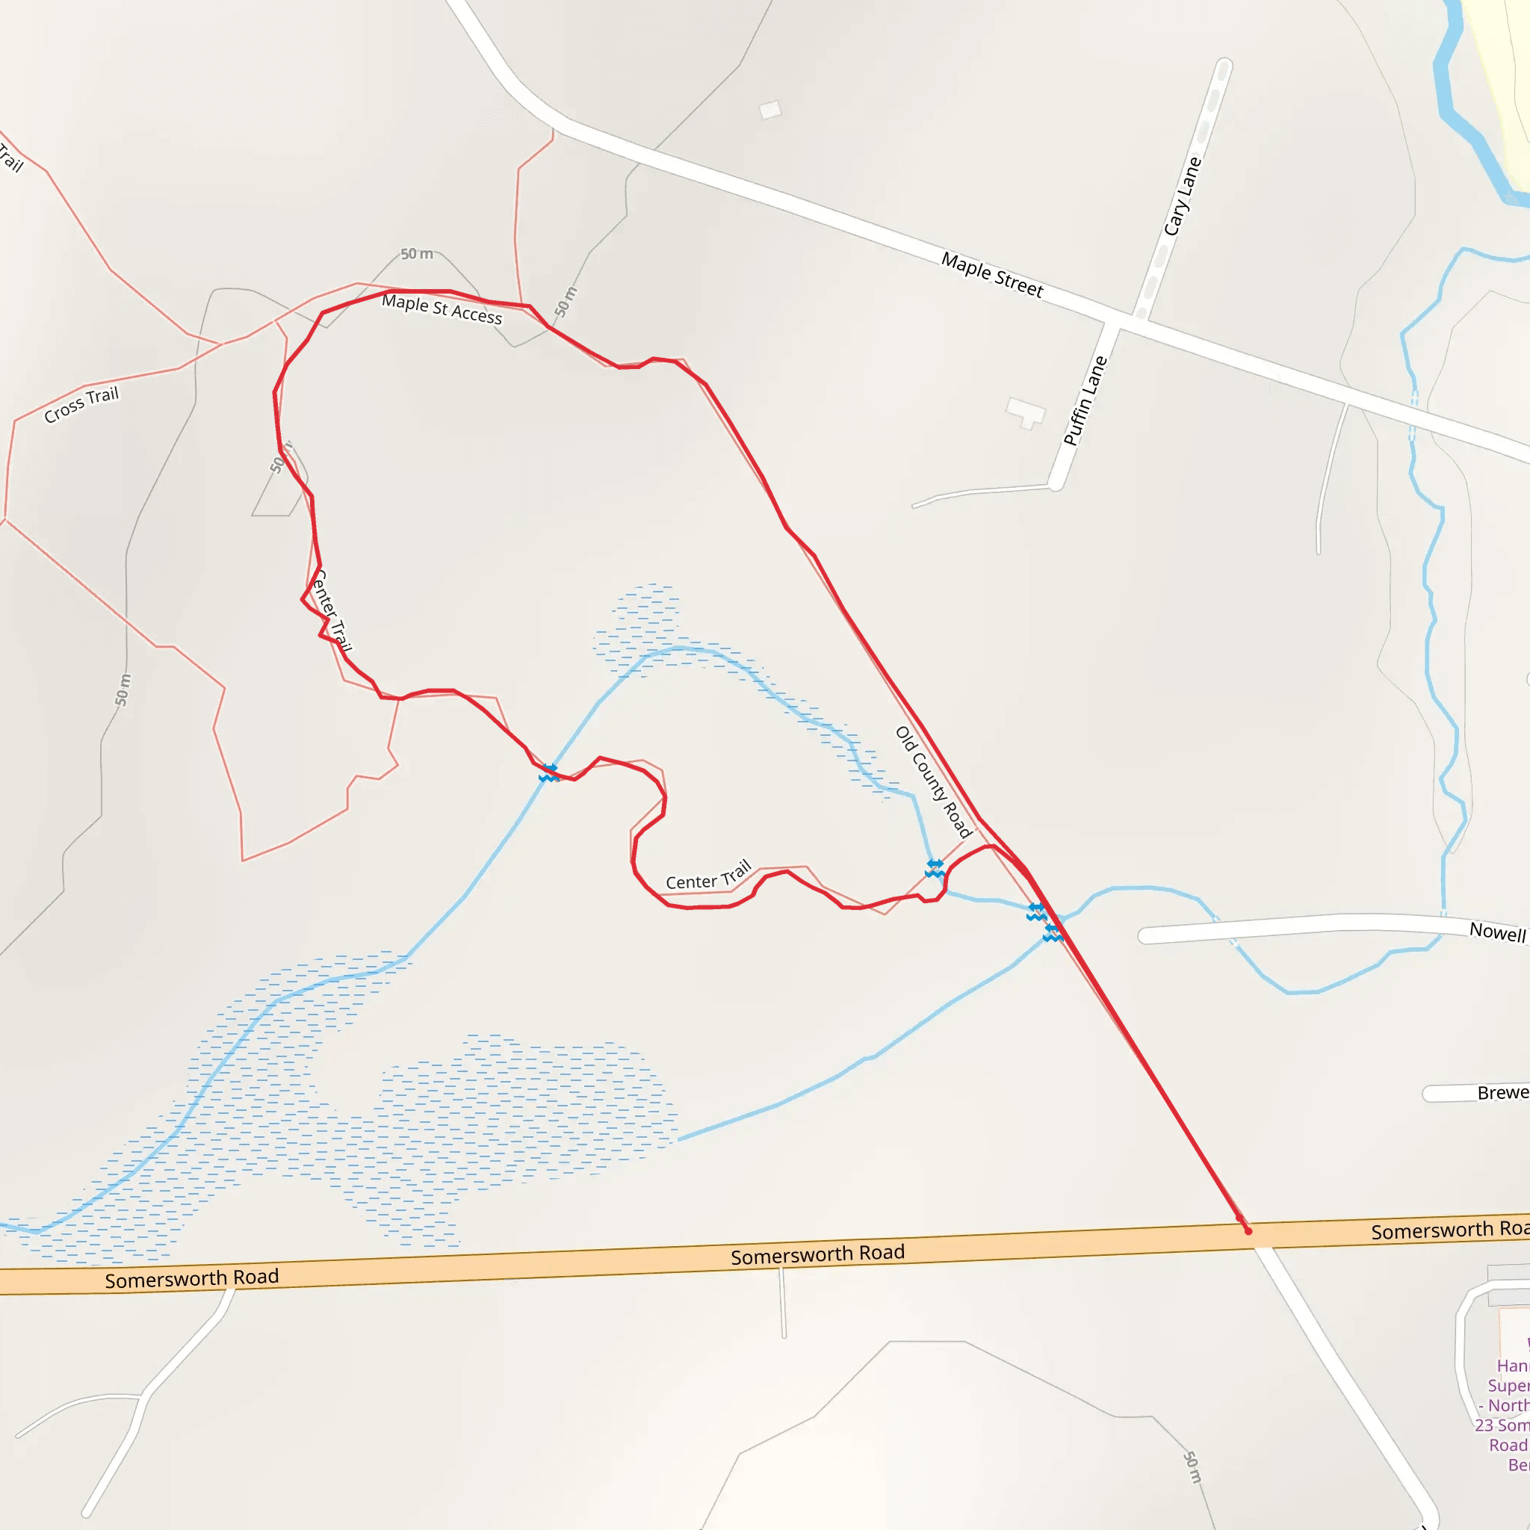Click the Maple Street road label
[991, 274]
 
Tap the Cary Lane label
[1183, 196]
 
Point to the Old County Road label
[933, 781]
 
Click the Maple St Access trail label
[442, 309]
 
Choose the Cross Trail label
[81, 404]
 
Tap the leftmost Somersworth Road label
[192, 1278]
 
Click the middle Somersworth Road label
[817, 1254]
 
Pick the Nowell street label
[1496, 932]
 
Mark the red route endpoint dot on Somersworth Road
[1248, 1231]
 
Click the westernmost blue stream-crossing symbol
[549, 773]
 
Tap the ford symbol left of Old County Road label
[935, 868]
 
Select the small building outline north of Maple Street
[769, 109]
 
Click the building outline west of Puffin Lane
[1026, 412]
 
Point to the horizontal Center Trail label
[708, 875]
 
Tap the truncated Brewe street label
[1502, 1093]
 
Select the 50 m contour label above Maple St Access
[417, 253]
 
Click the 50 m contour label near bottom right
[1192, 1466]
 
